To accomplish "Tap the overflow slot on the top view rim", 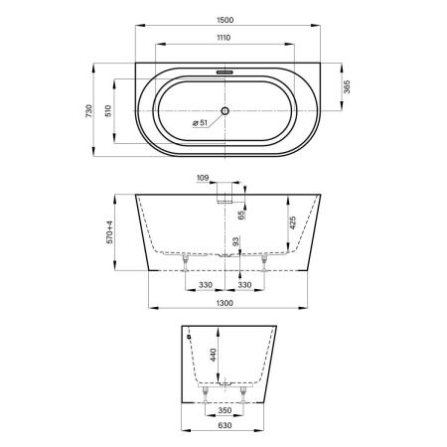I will click(224, 73).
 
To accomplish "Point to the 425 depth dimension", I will click(292, 224).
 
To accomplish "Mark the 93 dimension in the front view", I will click(235, 241).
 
